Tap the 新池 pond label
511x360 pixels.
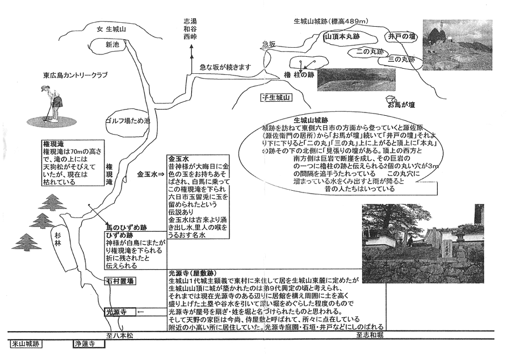112,44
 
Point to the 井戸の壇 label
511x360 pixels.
401,36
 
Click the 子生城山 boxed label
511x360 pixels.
276,98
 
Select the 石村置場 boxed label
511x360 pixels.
119,281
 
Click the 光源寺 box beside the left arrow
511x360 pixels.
115,312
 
